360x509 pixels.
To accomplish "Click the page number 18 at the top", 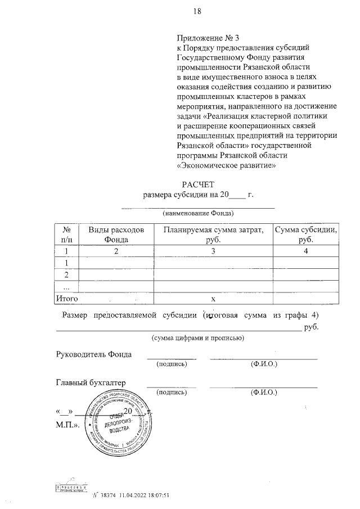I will click(197, 11).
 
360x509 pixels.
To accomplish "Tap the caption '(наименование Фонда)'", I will click(198, 213).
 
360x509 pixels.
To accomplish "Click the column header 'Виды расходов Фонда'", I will click(116, 235).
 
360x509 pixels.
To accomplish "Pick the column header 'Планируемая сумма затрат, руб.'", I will click(213, 235).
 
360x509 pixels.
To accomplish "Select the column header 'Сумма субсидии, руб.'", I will click(305, 235).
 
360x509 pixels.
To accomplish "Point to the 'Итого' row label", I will click(65, 299).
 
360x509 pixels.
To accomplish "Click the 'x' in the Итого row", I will click(213, 299).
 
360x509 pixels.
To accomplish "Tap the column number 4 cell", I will click(305, 251).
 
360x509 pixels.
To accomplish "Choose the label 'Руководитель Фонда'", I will click(93, 354).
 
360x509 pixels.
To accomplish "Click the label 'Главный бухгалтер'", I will click(90, 383).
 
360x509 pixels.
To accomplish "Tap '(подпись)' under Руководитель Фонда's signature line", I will click(171, 364).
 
